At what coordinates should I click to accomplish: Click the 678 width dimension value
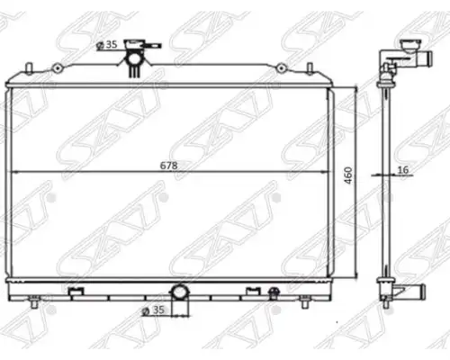coord(168,166)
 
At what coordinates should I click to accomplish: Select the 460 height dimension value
coord(347,175)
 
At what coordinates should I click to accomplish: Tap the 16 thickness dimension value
coord(403,170)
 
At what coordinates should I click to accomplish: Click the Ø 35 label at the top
coord(107,45)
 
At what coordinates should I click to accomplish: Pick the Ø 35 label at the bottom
coord(153,310)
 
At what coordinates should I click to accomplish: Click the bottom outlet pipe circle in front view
coord(180,292)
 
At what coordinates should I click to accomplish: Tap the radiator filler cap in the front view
coord(134,44)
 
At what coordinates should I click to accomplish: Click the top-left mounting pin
coord(29,68)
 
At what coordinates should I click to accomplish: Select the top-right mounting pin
coord(310,68)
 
